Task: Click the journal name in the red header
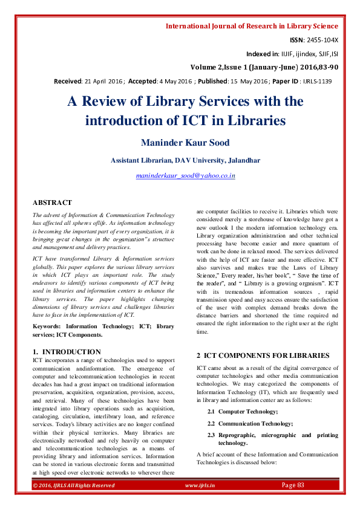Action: [252, 26]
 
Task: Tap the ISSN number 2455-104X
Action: [322, 40]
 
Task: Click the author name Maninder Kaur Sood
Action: [185, 143]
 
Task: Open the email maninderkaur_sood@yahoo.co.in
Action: [185, 176]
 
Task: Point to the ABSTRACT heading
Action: [52, 203]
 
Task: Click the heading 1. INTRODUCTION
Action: [67, 351]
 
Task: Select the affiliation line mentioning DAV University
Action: [186, 160]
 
